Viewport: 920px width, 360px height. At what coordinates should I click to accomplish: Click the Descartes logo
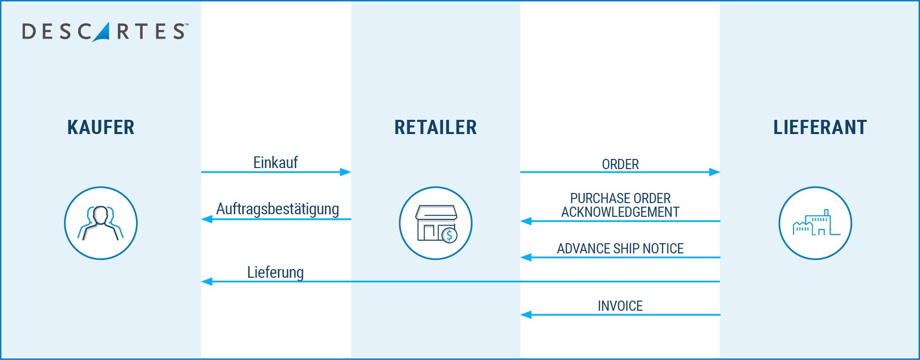tap(105, 31)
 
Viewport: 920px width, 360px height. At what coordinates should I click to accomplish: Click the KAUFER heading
tap(101, 127)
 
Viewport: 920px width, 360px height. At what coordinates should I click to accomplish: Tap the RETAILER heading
tap(435, 127)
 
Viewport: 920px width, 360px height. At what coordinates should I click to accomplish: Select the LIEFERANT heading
tap(820, 127)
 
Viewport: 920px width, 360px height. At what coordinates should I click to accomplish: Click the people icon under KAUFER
tap(101, 223)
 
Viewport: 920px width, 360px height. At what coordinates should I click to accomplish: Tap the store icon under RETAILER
tap(435, 223)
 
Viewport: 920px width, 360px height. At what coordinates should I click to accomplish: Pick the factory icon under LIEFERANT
tap(815, 223)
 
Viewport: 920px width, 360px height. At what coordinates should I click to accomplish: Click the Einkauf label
tap(275, 162)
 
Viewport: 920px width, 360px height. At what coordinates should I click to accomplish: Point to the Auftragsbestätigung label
tap(277, 209)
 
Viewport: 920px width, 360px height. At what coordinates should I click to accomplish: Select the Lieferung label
tap(275, 272)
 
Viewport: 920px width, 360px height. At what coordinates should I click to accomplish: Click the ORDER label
tap(620, 165)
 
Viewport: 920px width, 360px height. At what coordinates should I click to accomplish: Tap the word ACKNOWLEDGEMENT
tap(620, 212)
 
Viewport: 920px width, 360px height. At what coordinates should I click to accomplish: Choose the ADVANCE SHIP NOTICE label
tap(620, 249)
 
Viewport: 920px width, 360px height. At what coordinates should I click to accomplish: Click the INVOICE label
tap(620, 306)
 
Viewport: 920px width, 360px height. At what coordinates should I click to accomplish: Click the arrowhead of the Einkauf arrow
tap(346, 172)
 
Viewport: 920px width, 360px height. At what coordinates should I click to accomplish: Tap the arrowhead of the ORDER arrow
tap(715, 172)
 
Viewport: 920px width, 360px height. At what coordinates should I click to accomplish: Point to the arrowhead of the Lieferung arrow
tap(207, 281)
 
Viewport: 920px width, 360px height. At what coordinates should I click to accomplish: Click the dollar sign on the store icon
tap(449, 235)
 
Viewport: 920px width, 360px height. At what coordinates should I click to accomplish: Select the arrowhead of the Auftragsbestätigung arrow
tap(207, 219)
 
